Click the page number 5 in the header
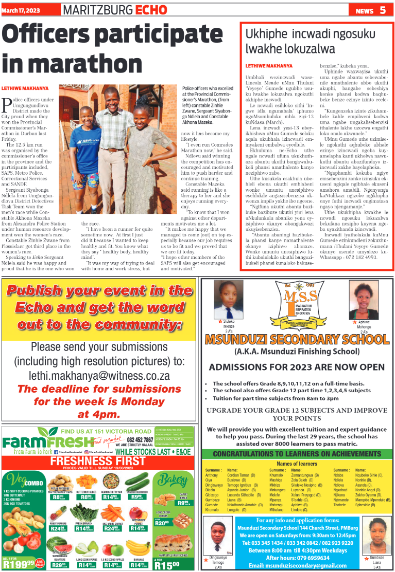click(x=383, y=10)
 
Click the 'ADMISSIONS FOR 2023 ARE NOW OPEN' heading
click(x=297, y=367)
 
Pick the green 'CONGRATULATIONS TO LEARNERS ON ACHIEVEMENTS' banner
click(x=297, y=454)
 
